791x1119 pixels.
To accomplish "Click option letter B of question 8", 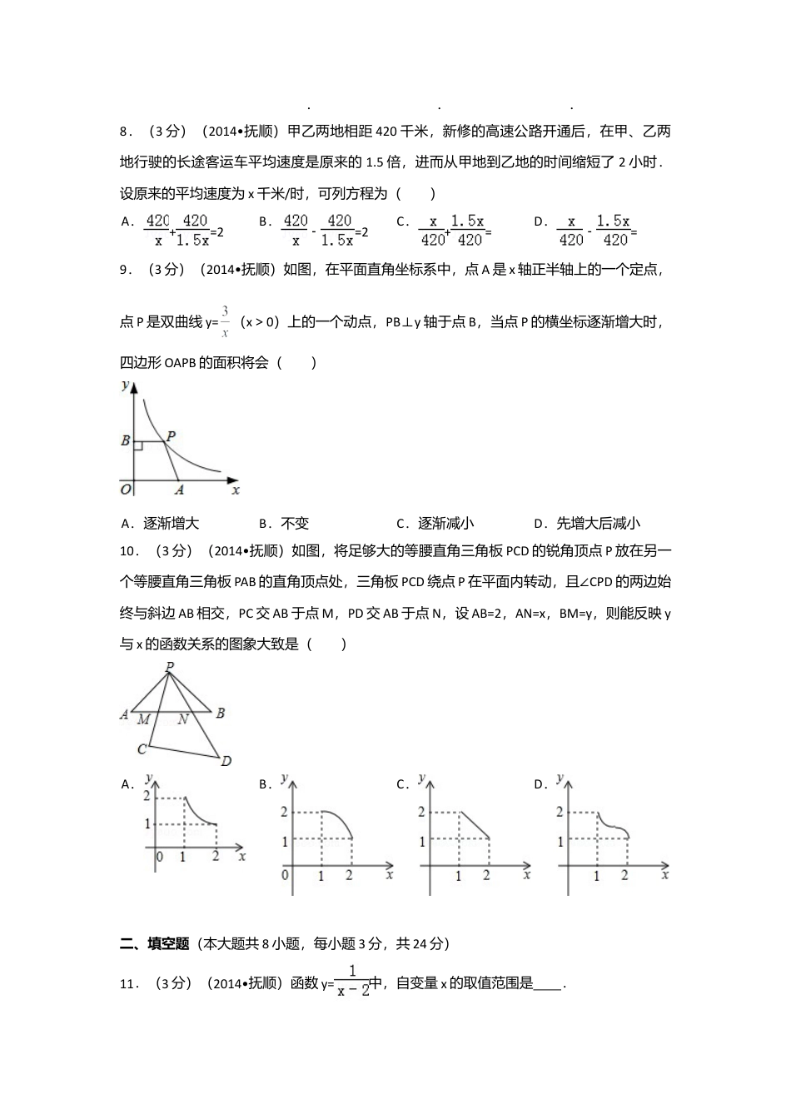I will [x=263, y=221].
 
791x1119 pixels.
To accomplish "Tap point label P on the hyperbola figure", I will [x=171, y=435].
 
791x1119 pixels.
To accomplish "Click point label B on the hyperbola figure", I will [x=126, y=440].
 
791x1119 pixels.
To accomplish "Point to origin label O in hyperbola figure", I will [x=126, y=489].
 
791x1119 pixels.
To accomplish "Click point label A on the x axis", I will [x=179, y=490].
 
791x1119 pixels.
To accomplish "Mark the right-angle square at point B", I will [x=138, y=447].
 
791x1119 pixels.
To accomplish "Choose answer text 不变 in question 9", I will [x=295, y=523].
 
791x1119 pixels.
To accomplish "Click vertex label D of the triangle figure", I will [x=226, y=760].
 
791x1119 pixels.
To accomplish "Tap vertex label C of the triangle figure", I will [x=142, y=749].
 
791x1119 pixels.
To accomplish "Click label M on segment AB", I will [x=144, y=719].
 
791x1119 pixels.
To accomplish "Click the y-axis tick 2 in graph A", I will [x=147, y=797].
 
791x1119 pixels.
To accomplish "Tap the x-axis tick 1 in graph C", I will [x=458, y=876].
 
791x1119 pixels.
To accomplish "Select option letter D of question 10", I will [x=539, y=784].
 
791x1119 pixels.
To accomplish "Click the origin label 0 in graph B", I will [x=286, y=874].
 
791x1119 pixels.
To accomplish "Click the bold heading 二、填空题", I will [x=154, y=943].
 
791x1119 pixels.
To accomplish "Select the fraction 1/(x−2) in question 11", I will [x=353, y=982].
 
